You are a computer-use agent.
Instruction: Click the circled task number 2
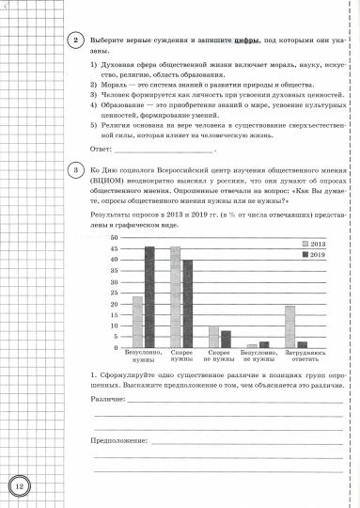coord(73,40)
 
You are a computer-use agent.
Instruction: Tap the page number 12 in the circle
coord(21,485)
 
